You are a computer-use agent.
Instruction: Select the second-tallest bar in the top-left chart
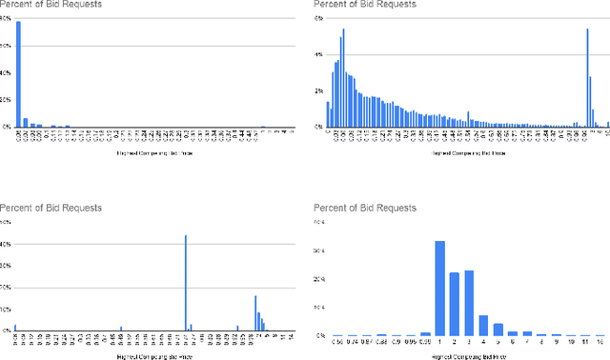[x=26, y=122]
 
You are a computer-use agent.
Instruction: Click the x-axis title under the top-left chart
[x=147, y=151]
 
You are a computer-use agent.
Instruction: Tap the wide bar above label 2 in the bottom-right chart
[x=455, y=304]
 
